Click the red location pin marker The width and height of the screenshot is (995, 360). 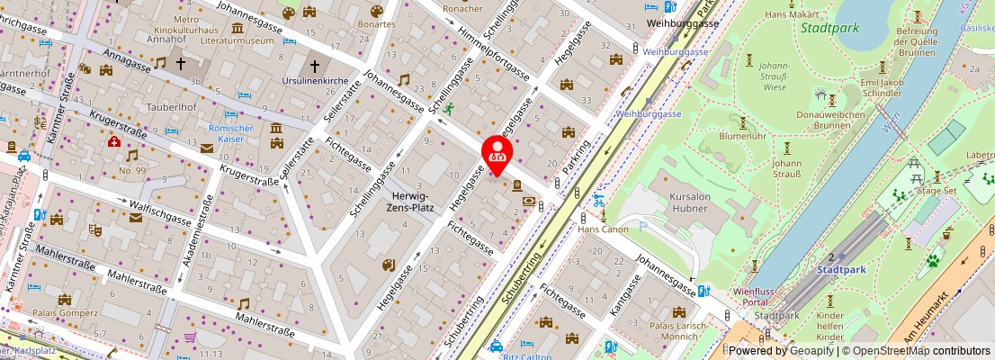(497, 154)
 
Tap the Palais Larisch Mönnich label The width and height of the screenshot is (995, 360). (673, 330)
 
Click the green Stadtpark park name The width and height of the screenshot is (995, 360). (829, 28)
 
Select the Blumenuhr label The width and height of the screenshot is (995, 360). (742, 137)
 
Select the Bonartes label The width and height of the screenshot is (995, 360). (375, 24)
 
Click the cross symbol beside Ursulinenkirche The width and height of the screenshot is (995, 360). (315, 65)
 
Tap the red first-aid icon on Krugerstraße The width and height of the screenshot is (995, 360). (114, 142)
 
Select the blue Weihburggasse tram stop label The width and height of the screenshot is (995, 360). (677, 52)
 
